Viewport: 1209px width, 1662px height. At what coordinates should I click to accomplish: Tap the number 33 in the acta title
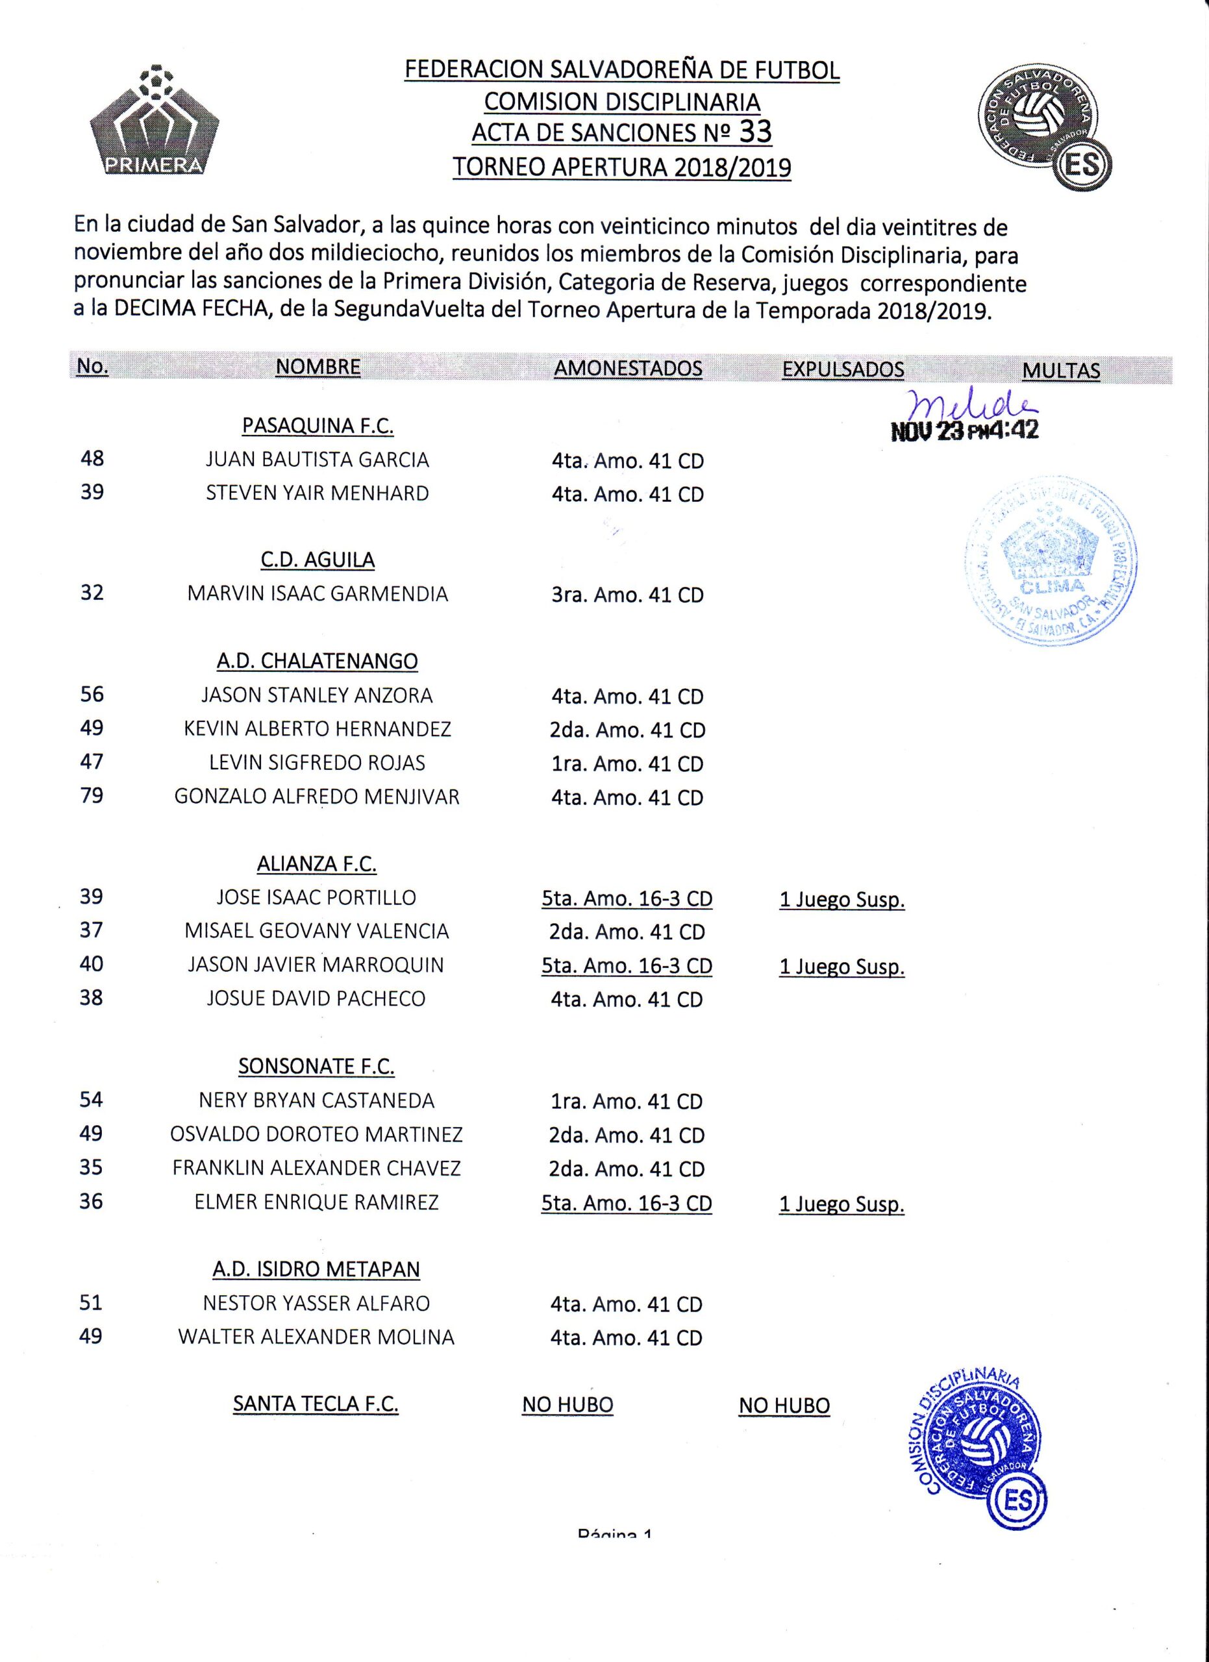755,132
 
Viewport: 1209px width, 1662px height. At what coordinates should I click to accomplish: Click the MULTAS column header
1060,370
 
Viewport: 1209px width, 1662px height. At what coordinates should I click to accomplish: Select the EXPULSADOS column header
843,369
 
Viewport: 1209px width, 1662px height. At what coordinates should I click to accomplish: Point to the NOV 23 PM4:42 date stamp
964,430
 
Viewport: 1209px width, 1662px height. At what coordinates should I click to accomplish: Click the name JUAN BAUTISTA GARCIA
318,460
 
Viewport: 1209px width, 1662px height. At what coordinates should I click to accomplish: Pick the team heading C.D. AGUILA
318,560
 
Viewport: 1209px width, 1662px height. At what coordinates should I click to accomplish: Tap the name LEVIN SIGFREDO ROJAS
318,763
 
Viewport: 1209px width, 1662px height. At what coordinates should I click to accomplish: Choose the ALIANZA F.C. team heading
317,864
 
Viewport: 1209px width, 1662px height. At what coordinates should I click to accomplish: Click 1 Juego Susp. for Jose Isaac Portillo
842,900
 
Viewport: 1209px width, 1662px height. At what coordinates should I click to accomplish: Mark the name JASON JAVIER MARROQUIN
316,965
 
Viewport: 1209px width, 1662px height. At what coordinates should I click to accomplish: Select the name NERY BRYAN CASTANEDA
317,1100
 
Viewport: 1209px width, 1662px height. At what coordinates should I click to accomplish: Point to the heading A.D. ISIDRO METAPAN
317,1269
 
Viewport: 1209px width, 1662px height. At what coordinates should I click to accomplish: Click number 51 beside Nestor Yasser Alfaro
91,1302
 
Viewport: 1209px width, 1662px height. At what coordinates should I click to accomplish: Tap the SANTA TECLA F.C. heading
316,1404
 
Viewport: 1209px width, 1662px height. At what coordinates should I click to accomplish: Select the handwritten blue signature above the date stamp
969,403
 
